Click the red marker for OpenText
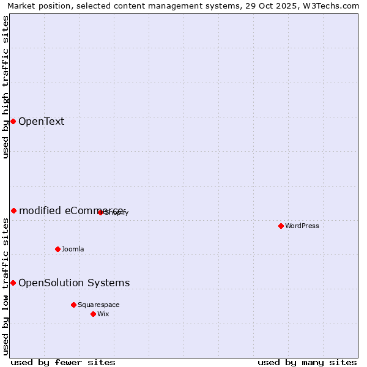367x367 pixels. point(13,121)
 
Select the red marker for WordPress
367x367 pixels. point(281,226)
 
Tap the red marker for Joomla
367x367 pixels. point(57,249)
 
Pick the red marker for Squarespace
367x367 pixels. point(73,305)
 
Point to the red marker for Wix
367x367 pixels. point(93,314)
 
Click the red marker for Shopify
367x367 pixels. point(100,212)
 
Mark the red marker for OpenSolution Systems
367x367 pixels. point(13,283)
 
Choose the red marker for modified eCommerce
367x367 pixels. point(13,210)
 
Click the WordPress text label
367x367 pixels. point(302,226)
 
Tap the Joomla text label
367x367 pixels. point(73,249)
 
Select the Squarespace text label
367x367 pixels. point(98,305)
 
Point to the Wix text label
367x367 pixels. point(103,314)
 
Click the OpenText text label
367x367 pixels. point(41,121)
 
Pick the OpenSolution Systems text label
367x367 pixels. point(74,283)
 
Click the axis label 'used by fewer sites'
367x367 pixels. point(63,362)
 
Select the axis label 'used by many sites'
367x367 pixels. point(307,362)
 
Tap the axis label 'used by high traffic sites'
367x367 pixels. point(6,87)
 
